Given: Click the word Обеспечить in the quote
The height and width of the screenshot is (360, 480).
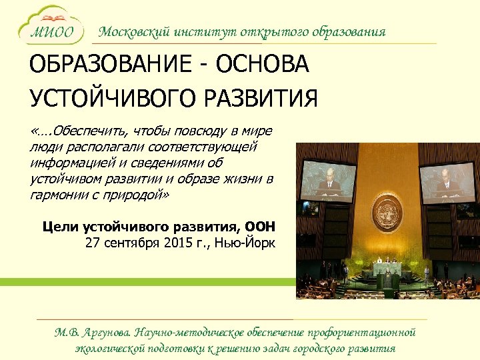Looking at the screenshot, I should click(x=93, y=131).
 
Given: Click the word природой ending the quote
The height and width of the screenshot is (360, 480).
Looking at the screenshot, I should click(x=138, y=195).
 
